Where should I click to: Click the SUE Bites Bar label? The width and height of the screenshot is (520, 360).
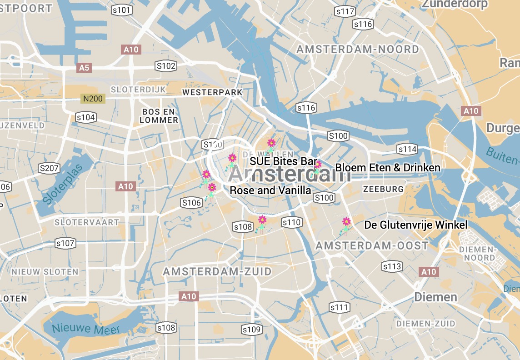tap(283, 162)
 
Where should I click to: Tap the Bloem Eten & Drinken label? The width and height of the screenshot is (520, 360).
tap(388, 168)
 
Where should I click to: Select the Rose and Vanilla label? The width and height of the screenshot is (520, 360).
tap(270, 190)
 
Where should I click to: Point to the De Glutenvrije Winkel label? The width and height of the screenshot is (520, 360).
tap(416, 225)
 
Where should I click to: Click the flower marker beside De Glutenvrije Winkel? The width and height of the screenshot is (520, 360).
tap(346, 222)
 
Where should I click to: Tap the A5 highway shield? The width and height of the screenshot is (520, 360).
tap(85, 68)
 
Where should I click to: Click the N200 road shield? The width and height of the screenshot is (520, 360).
tap(93, 98)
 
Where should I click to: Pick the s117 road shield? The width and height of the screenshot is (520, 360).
tap(345, 11)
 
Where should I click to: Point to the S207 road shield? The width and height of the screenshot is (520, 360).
tap(49, 168)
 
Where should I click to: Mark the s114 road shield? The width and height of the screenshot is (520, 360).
tap(407, 149)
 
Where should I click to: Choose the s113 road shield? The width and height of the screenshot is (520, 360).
tap(392, 266)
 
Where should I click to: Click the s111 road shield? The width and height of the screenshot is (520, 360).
tap(340, 307)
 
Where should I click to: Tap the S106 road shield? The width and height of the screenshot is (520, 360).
tap(191, 203)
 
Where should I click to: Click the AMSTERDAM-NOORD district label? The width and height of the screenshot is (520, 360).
tap(358, 49)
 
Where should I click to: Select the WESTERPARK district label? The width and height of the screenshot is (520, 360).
tap(212, 92)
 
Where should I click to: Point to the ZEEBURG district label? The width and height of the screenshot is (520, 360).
tap(383, 189)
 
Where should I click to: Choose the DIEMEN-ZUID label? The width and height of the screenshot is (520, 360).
tap(425, 324)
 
